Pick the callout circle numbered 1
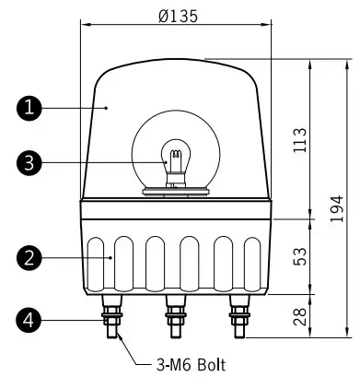30,108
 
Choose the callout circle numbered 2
30,259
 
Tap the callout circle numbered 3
30,163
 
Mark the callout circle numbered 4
30,320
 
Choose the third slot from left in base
156,261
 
